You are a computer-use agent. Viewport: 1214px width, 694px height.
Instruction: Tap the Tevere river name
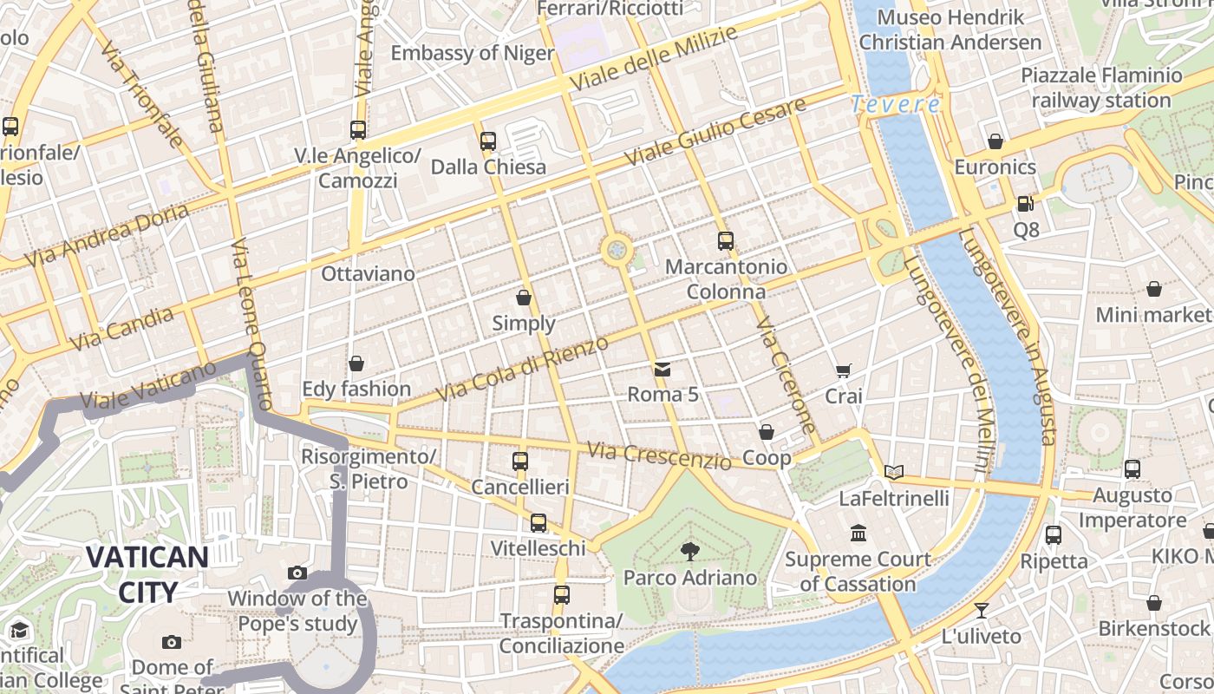tap(895, 105)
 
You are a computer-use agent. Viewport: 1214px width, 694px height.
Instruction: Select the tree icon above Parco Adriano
tap(690, 550)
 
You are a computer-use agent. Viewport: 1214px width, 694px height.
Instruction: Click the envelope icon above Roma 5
tap(662, 370)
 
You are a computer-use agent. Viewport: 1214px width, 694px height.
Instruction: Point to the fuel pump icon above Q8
tap(1026, 204)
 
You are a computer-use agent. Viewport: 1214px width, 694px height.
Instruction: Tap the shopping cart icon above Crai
tap(843, 370)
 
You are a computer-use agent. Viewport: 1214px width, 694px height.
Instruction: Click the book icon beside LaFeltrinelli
tap(894, 472)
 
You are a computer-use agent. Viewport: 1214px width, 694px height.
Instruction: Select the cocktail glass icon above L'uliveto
tap(982, 610)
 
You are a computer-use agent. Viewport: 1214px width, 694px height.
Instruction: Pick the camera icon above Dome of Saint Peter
tap(172, 642)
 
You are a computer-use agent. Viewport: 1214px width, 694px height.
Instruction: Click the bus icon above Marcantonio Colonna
tap(726, 241)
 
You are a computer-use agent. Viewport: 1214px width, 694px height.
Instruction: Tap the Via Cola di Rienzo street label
tap(522, 370)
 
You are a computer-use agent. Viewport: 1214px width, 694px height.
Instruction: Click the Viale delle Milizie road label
tap(654, 58)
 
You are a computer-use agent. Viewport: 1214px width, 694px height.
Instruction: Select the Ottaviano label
tap(368, 274)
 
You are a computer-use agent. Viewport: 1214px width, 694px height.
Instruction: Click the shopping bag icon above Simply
tap(524, 298)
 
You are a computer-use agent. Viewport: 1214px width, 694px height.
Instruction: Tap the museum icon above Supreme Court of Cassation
tap(858, 533)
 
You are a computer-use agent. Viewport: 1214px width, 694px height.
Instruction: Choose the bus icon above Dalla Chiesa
tap(488, 141)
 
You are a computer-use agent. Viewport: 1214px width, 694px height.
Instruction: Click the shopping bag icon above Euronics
tap(995, 141)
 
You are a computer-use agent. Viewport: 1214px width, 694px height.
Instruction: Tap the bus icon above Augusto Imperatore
tap(1132, 469)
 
